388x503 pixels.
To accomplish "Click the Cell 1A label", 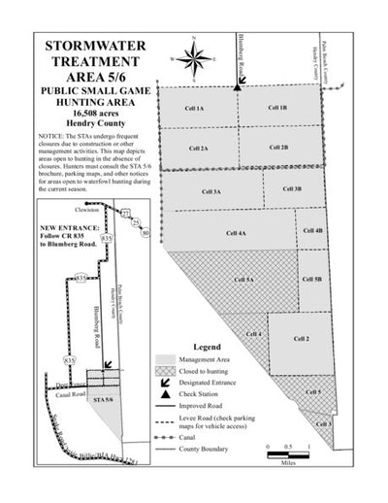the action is pos(194,109).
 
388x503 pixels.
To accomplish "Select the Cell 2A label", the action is pos(198,149).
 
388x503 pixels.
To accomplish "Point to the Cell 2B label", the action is pos(278,148).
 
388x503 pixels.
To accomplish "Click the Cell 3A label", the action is pos(211,191).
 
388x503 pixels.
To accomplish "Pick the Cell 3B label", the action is pos(292,189).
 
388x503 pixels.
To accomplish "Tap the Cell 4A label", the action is pos(235,234).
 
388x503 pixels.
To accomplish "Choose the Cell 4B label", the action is pos(312,231).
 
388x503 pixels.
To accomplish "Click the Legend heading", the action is pos(209,347).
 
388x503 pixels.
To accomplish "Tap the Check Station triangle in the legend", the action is pos(165,395).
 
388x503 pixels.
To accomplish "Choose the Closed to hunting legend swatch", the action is pos(164,371).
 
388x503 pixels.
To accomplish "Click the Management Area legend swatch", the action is pos(164,359).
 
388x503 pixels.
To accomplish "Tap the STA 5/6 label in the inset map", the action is pos(102,398).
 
